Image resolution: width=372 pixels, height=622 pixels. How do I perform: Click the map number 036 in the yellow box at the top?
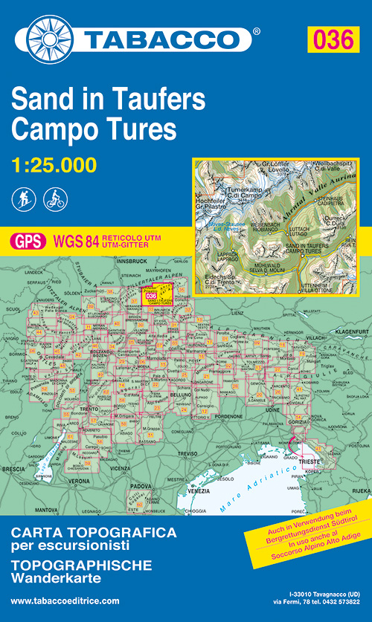(x=333, y=39)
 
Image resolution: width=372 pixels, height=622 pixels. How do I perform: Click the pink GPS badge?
(x=27, y=240)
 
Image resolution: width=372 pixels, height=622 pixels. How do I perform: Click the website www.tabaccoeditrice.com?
(x=65, y=600)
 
